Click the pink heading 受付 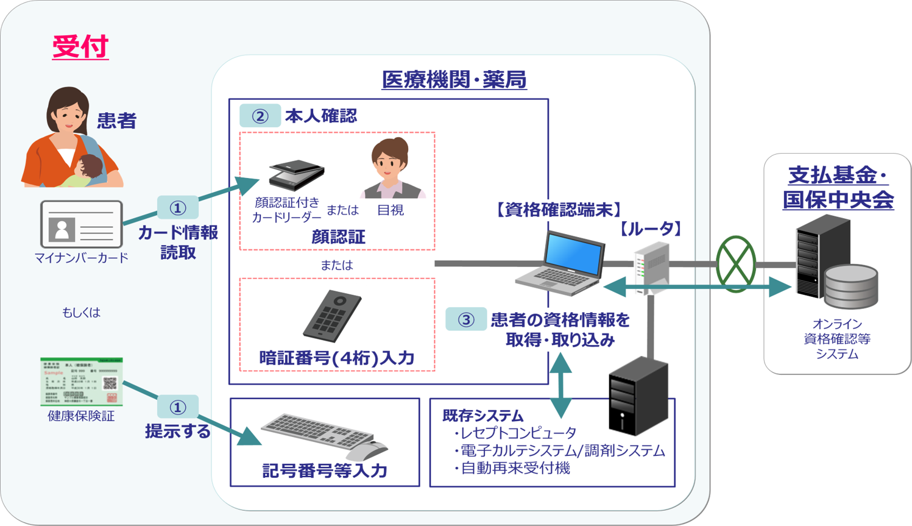point(80,47)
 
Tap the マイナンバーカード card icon point(82,224)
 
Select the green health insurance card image point(82,382)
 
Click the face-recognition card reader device point(297,175)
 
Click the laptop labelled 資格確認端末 point(562,262)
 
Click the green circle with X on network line point(736,264)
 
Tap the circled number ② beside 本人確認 point(260,116)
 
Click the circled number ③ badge point(466,319)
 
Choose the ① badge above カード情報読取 point(178,208)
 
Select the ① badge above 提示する point(178,407)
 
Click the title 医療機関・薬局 point(454,80)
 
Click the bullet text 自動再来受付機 point(515,468)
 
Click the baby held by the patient point(89,170)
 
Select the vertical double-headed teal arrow point(560,385)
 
